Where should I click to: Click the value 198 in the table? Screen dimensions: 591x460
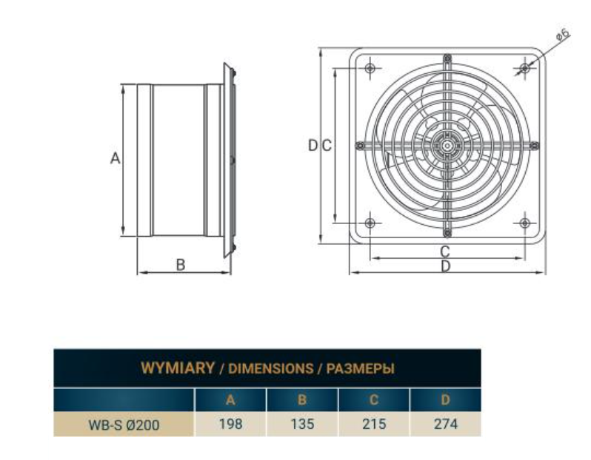[230, 424]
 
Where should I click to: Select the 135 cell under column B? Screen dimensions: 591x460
[302, 424]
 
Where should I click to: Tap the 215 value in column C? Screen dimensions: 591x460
[374, 424]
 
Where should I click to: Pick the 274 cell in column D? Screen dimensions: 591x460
[446, 424]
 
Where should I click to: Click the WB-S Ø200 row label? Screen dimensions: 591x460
[124, 425]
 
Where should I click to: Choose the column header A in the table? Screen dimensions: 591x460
[230, 400]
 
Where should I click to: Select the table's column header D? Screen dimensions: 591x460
[445, 400]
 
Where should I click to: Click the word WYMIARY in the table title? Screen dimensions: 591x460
[178, 368]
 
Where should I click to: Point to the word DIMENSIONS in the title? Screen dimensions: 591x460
[270, 368]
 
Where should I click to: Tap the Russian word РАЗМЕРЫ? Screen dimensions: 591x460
[361, 368]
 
